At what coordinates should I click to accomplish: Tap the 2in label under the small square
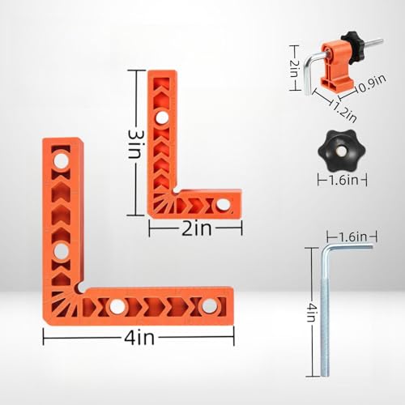tap(195, 229)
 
